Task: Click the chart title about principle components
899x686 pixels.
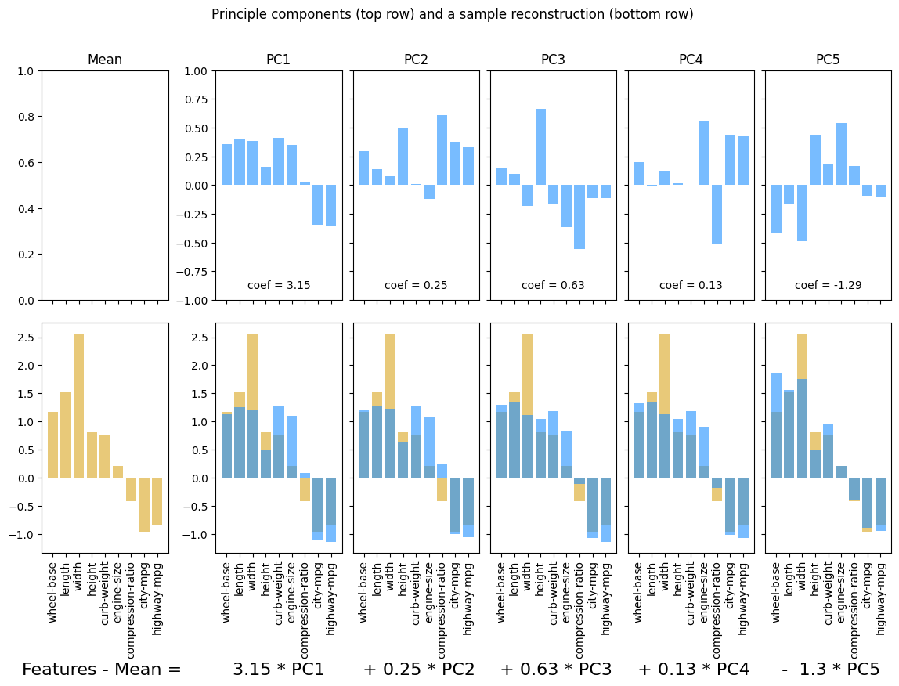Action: pyautogui.click(x=452, y=14)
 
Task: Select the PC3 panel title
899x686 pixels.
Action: pyautogui.click(x=554, y=60)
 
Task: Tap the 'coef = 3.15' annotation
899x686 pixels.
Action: pyautogui.click(x=279, y=285)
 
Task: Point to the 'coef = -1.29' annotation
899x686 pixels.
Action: pyautogui.click(x=828, y=285)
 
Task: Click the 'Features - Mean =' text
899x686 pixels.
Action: pyautogui.click(x=102, y=670)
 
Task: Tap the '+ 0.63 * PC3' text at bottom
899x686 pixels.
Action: pyautogui.click(x=556, y=670)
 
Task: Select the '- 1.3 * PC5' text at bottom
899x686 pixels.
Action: pyautogui.click(x=830, y=670)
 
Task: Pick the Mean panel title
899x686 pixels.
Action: pyautogui.click(x=105, y=60)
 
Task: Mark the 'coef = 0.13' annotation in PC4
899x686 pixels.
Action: pyautogui.click(x=691, y=285)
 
